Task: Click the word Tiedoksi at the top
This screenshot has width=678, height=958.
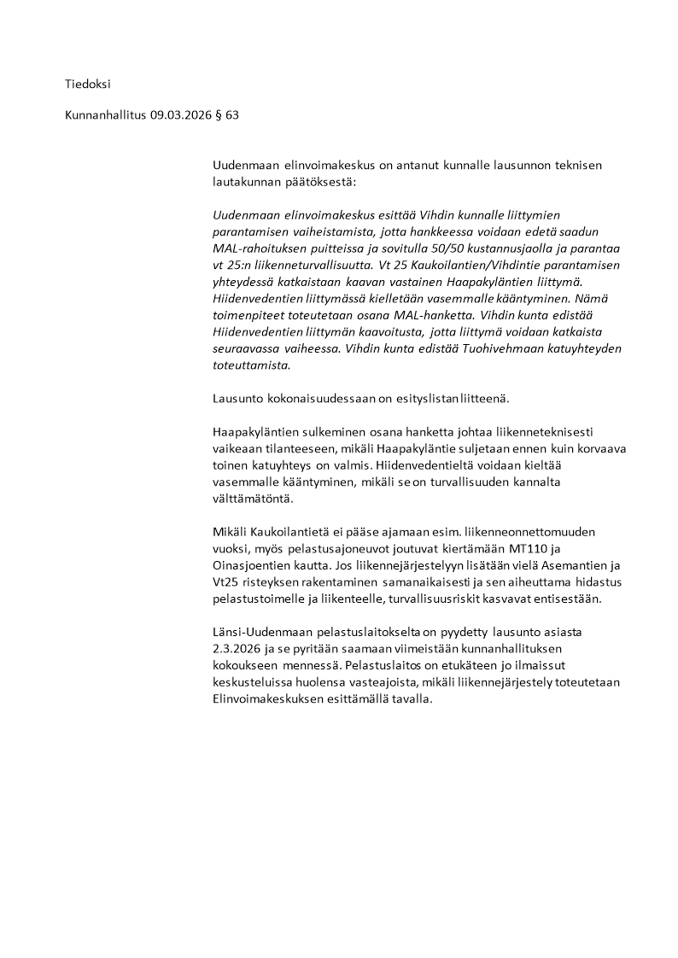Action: [x=88, y=84]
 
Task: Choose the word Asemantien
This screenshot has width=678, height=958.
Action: [x=559, y=566]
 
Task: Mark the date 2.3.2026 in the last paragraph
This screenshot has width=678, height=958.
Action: [x=240, y=649]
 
